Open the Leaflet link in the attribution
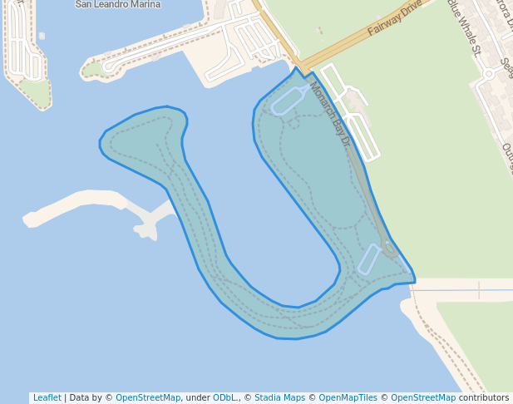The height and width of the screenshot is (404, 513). pyautogui.click(x=47, y=397)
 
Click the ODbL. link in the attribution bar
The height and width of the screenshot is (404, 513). pyautogui.click(x=225, y=397)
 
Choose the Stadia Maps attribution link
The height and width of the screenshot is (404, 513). pyautogui.click(x=279, y=397)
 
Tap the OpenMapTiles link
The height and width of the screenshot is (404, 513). pyautogui.click(x=348, y=397)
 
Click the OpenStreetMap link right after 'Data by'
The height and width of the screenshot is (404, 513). pyautogui.click(x=148, y=397)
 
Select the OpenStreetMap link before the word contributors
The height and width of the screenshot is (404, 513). pyautogui.click(x=423, y=397)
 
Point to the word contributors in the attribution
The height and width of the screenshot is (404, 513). pyautogui.click(x=484, y=397)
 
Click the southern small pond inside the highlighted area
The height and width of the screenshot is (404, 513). pyautogui.click(x=368, y=259)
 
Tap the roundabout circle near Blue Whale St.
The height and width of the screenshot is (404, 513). pyautogui.click(x=488, y=73)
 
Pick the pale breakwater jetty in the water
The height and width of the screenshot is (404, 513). pyautogui.click(x=83, y=204)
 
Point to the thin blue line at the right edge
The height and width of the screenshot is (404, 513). pyautogui.click(x=466, y=290)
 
